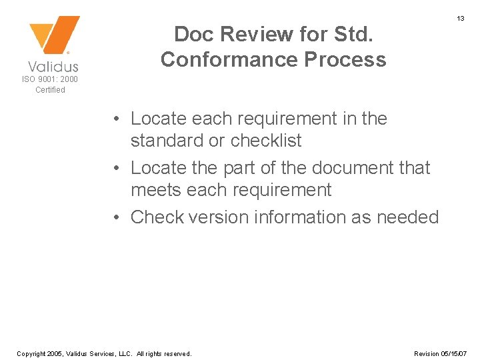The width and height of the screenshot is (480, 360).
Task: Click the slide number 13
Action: click(460, 19)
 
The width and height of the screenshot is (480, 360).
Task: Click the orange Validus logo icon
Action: click(54, 35)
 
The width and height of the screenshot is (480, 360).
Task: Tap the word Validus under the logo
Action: click(53, 66)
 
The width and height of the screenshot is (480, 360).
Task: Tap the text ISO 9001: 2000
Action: click(50, 79)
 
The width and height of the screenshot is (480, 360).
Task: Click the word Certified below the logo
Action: click(50, 90)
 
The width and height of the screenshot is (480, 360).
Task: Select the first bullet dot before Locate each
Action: click(116, 119)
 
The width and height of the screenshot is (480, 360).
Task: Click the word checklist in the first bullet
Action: click(266, 141)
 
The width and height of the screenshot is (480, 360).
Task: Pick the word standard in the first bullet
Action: click(169, 141)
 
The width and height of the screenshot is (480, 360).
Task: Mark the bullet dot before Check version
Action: click(116, 217)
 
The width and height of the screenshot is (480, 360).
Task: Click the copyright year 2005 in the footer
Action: click(58, 353)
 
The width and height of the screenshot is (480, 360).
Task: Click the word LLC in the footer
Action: click(126, 353)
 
